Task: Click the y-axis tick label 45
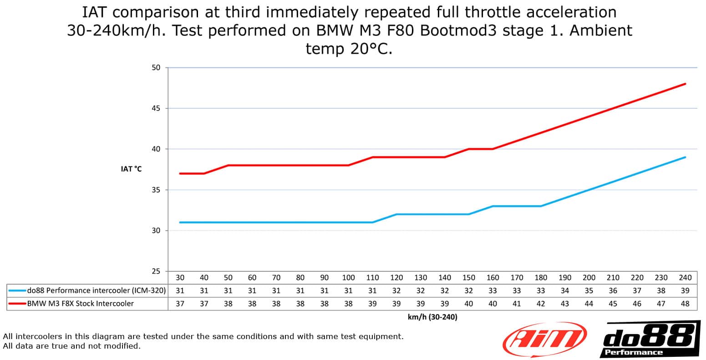[x=156, y=108]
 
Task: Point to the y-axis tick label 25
[x=156, y=271]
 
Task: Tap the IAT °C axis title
[x=131, y=169]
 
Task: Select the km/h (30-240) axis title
[x=432, y=317]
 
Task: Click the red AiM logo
[x=544, y=340]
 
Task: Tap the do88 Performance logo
[x=650, y=339]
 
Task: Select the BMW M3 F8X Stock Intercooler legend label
[x=80, y=303]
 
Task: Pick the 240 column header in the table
[x=685, y=278]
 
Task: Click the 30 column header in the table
[x=180, y=278]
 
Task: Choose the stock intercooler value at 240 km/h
[x=685, y=304]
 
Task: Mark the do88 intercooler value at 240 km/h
[x=685, y=290]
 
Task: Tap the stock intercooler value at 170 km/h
[x=517, y=304]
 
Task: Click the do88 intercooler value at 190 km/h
[x=565, y=290]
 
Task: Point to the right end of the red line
[x=685, y=84]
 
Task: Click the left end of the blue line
[x=180, y=223]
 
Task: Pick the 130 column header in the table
[x=421, y=278]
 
